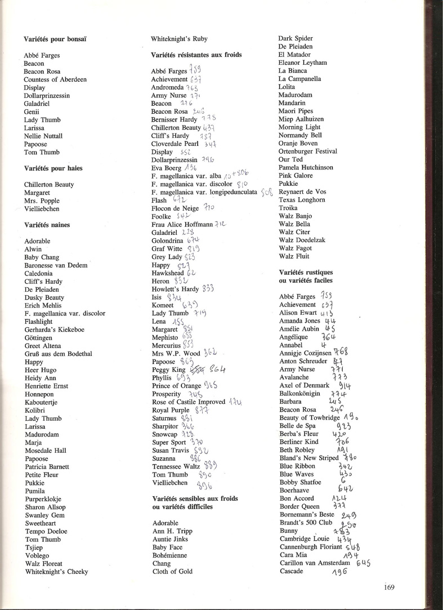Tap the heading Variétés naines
pos(47,225)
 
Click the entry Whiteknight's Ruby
pos(179,39)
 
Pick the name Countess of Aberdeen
pos(55,80)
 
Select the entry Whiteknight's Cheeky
pos(56,571)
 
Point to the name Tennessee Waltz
pos(176,466)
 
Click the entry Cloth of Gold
pos(172,571)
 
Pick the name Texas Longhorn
pos(302,200)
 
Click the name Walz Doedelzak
pos(302,241)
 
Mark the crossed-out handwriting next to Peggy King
pos(196,369)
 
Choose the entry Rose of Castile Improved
pos(189,402)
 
